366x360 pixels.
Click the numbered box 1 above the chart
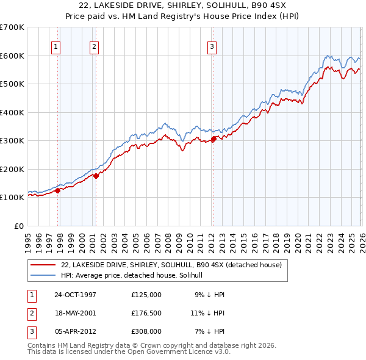(x=56, y=46)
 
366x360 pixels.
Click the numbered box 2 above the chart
(x=94, y=46)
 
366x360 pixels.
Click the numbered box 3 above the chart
(x=212, y=46)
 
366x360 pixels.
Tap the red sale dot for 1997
(x=58, y=190)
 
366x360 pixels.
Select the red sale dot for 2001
(x=96, y=176)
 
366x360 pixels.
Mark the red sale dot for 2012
(x=213, y=139)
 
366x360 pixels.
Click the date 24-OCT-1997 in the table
(x=75, y=295)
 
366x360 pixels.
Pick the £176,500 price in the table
(x=146, y=313)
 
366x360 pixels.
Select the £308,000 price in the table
(x=146, y=331)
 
